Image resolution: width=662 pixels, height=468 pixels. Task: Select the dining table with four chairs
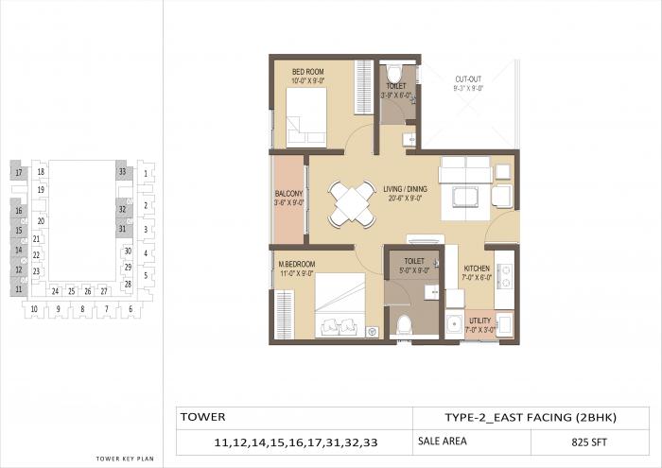(x=350, y=203)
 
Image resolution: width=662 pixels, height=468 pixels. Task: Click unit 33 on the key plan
(x=122, y=171)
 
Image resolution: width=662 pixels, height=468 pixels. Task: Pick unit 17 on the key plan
(x=18, y=172)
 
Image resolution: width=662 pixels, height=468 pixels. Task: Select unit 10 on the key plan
(x=33, y=309)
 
